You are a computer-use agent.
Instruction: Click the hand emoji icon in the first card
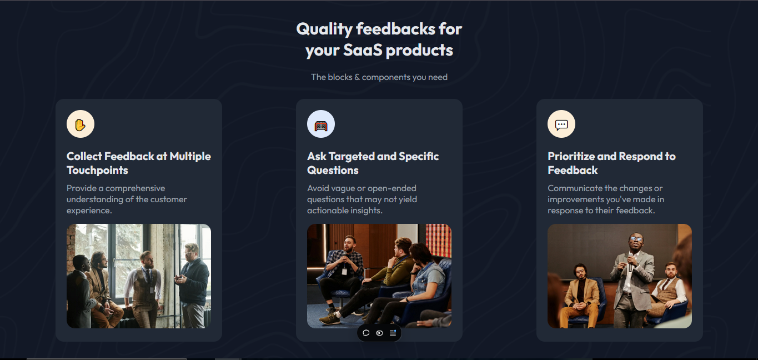[x=81, y=124]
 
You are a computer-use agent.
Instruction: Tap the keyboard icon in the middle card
[x=321, y=124]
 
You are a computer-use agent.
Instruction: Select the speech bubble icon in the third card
[x=561, y=124]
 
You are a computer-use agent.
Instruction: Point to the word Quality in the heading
[x=324, y=28]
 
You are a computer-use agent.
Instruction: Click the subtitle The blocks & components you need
[x=379, y=77]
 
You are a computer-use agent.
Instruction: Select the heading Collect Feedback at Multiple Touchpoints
[x=139, y=163]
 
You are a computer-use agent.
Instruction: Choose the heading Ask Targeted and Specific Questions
[x=373, y=163]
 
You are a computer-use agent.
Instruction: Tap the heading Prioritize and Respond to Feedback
[x=611, y=163]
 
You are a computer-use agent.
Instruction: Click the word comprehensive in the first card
[x=135, y=188]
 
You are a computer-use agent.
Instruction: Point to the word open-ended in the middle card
[x=390, y=188]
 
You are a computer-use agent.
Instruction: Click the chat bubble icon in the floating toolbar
[x=366, y=333]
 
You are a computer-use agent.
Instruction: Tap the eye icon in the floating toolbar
[x=379, y=333]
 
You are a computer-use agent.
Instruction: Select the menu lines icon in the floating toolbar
[x=393, y=333]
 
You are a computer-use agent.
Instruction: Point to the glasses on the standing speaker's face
[x=636, y=239]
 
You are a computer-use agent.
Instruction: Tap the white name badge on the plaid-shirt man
[x=344, y=271]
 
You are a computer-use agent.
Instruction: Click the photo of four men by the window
[x=139, y=276]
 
